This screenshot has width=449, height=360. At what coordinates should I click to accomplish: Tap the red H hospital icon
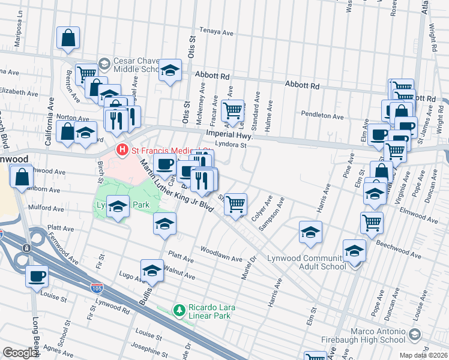[122, 149]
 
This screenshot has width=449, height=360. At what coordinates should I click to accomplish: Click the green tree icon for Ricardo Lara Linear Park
[178, 310]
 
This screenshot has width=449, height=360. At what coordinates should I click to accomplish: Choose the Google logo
[20, 353]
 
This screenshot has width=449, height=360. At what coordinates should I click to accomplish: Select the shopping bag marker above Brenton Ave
[68, 38]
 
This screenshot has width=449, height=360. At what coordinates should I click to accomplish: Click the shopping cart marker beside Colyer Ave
[236, 204]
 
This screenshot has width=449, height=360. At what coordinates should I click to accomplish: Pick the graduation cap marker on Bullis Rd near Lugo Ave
[152, 271]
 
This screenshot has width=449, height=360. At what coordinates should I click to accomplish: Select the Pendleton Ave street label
[322, 116]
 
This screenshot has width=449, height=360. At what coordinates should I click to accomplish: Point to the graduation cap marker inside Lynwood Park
[118, 207]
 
